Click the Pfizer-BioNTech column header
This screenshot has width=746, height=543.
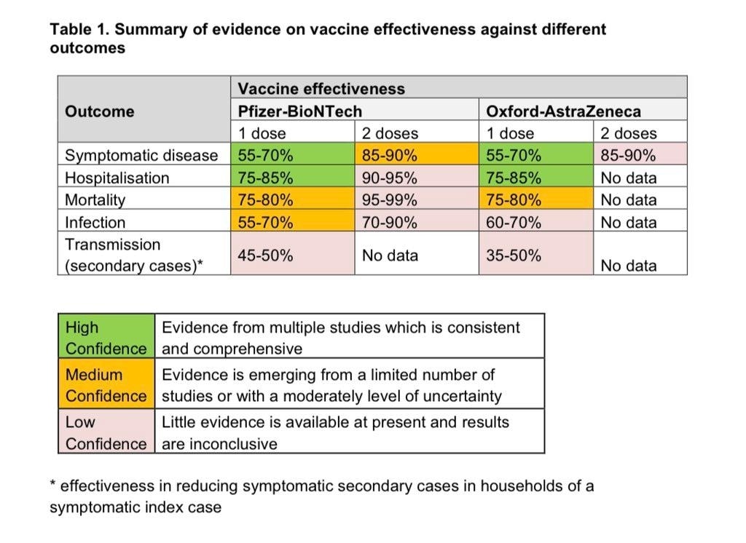[299, 111]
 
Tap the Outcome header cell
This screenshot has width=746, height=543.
[100, 111]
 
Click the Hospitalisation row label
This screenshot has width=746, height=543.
[117, 178]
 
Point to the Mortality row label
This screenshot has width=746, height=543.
[95, 199]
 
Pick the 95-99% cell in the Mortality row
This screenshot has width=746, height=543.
[390, 199]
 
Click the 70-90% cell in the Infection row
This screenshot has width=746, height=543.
[390, 222]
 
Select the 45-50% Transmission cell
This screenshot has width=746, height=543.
[266, 255]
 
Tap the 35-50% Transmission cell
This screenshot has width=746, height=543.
[514, 255]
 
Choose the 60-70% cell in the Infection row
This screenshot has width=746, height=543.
[514, 222]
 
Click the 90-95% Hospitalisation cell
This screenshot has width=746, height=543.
[390, 178]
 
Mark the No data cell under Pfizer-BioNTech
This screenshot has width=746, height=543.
[390, 255]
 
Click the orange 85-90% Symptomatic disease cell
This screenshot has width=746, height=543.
[390, 155]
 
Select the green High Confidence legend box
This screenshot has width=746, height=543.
[106, 337]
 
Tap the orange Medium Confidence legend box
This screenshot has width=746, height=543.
[106, 385]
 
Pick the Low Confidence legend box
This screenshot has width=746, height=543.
[106, 432]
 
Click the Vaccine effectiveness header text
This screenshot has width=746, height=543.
[321, 89]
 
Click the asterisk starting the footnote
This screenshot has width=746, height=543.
[53, 484]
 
